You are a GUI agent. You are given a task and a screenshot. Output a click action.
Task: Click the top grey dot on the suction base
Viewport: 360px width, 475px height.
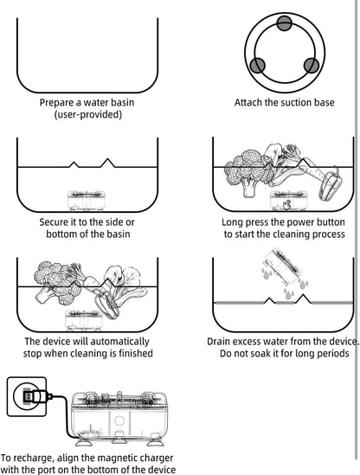[284, 23]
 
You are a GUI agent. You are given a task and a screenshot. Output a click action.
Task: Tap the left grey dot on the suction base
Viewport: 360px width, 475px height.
[258, 65]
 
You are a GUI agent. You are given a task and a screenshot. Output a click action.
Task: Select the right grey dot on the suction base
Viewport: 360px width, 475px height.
[312, 65]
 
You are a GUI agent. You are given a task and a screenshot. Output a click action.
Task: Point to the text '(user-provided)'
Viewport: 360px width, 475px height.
[88, 114]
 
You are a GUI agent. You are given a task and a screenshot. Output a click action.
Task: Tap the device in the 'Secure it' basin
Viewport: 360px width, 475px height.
[86, 201]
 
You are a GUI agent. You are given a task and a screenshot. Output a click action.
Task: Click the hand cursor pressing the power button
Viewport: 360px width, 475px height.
[286, 205]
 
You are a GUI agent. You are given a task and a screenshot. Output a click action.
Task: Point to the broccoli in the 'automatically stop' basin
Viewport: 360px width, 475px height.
[57, 283]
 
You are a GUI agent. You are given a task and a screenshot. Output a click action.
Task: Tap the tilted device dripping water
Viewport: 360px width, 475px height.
[281, 266]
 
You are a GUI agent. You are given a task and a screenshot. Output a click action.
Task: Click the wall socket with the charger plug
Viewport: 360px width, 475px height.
[27, 396]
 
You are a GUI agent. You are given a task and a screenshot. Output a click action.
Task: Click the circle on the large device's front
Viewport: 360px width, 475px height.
[119, 420]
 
